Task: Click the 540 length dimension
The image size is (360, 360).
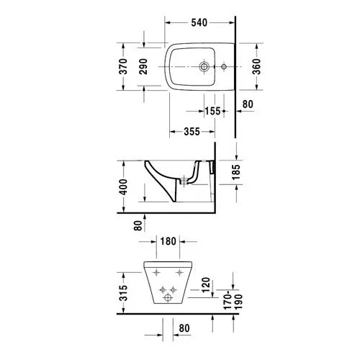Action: pyautogui.click(x=200, y=22)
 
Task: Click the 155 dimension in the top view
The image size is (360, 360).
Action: pyautogui.click(x=212, y=111)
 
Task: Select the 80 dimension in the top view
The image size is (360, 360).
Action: pyautogui.click(x=248, y=104)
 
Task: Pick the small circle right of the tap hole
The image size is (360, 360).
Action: pyautogui.click(x=224, y=68)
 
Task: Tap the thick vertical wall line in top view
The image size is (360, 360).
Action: pyautogui.click(x=237, y=79)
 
